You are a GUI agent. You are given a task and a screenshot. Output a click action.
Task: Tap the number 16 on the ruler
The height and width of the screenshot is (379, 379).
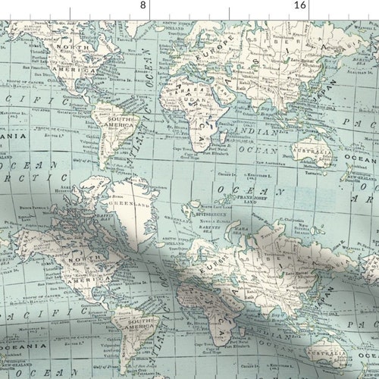(x=300, y=5)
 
